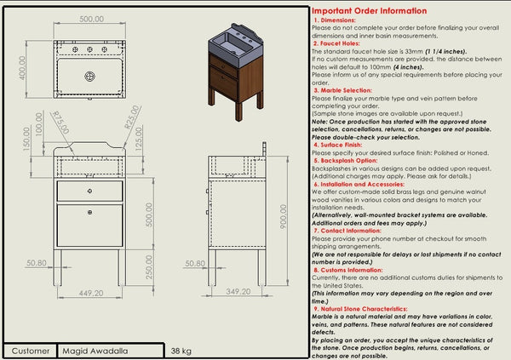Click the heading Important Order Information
coord(370,11)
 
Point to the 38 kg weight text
coord(181,350)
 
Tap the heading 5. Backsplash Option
coord(347,159)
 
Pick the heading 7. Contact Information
coord(349,229)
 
